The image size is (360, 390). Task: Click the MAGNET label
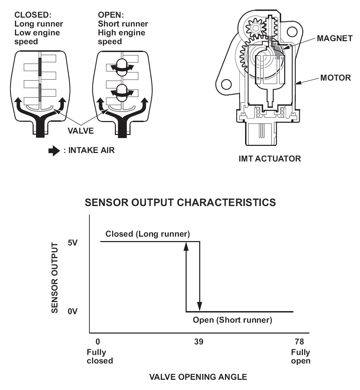click(335, 38)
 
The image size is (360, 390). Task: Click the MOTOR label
click(335, 78)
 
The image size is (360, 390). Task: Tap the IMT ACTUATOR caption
click(270, 158)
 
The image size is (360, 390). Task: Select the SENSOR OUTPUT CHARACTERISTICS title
click(180, 203)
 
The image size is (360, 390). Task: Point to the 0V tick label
click(73, 311)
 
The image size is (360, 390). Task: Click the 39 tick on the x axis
click(199, 341)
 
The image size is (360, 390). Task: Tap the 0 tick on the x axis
click(98, 341)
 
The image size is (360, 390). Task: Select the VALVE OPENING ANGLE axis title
click(198, 377)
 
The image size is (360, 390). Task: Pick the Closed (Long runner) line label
click(148, 234)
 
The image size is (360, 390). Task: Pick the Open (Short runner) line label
click(233, 320)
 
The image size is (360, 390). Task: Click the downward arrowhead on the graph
click(200, 307)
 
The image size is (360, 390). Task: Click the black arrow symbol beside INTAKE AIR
click(54, 151)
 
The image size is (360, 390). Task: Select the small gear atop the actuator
click(253, 27)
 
